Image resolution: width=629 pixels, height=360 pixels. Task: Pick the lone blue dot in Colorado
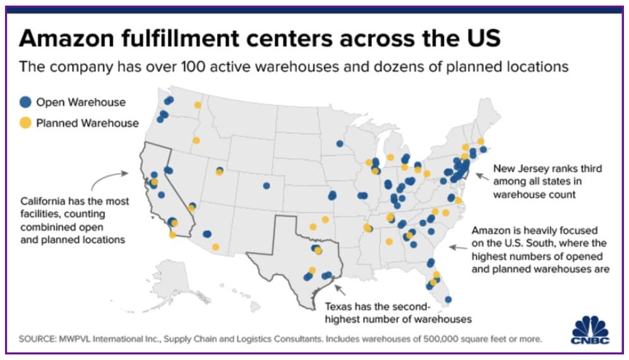coord(267,186)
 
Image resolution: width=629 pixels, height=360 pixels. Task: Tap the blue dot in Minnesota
coord(339,143)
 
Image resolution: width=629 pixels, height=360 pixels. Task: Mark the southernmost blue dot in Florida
coord(448,299)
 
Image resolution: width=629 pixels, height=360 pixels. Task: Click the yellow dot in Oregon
coord(196,140)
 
